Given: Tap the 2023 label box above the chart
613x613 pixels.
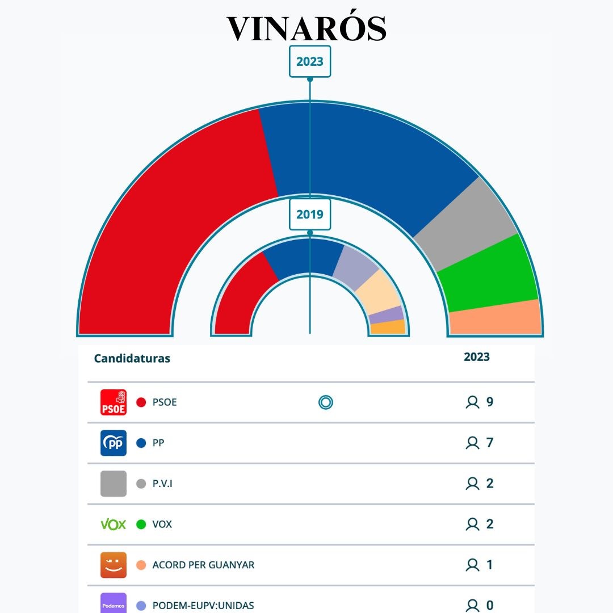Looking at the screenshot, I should (310, 61).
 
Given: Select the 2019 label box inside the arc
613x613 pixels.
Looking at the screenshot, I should (310, 214).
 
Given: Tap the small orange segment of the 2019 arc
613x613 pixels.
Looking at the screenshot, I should (388, 328).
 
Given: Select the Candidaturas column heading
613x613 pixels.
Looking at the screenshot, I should (132, 359).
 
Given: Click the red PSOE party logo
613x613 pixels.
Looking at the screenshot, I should (114, 402).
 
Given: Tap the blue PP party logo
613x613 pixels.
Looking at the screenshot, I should (114, 443).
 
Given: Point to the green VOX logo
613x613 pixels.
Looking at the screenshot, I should (114, 524).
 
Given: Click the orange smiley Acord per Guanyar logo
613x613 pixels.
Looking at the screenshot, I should (114, 565).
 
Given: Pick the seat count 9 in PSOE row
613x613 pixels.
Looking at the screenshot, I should (490, 402).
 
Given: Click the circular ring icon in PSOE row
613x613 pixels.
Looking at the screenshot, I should (326, 402).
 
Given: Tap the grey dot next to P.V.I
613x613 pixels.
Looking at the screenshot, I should (141, 484).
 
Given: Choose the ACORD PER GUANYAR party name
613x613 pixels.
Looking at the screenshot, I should (203, 565).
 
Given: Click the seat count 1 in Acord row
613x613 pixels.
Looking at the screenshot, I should (490, 565).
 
